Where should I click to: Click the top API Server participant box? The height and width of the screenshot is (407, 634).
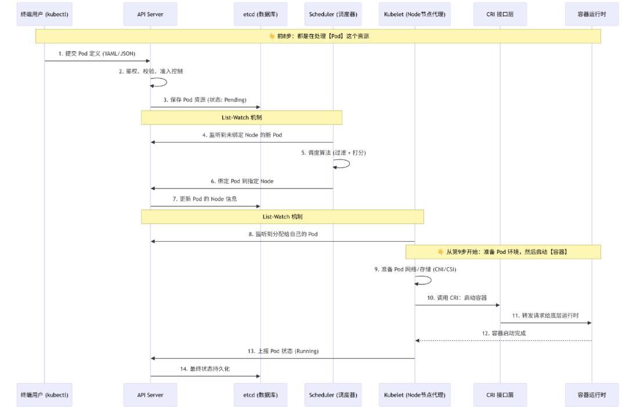click(x=150, y=14)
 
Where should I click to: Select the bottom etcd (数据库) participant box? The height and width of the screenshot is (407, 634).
click(x=260, y=395)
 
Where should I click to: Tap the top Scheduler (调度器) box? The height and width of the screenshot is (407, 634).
click(x=333, y=14)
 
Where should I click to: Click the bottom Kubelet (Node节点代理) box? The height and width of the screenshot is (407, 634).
click(x=415, y=395)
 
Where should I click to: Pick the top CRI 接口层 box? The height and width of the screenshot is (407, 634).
click(x=500, y=14)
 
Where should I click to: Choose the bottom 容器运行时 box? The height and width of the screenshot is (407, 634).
click(x=592, y=395)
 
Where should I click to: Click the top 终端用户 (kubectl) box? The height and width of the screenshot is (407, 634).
click(x=45, y=14)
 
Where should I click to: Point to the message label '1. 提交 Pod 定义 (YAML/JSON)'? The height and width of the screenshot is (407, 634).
click(x=97, y=53)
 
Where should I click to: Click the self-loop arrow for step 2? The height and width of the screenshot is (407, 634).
click(x=166, y=82)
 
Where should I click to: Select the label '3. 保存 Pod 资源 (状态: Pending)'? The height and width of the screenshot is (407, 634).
click(x=205, y=100)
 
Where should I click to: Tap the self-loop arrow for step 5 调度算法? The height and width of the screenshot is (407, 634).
click(x=349, y=163)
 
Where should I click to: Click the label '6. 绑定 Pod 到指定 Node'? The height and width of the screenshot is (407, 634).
click(x=242, y=181)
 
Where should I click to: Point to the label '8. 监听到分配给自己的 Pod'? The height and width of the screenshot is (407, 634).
click(x=283, y=234)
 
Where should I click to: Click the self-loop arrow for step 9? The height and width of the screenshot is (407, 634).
click(x=430, y=280)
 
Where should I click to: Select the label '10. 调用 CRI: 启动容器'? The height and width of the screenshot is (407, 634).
click(x=457, y=298)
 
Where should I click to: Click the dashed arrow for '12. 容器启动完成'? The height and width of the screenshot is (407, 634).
click(x=503, y=341)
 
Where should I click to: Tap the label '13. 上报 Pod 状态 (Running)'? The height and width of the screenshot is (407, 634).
click(x=283, y=351)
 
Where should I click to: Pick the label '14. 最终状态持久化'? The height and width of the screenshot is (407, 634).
click(x=205, y=369)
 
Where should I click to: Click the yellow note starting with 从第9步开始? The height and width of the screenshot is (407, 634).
click(x=503, y=252)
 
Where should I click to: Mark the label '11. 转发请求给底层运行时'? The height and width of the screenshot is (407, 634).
click(x=545, y=315)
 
